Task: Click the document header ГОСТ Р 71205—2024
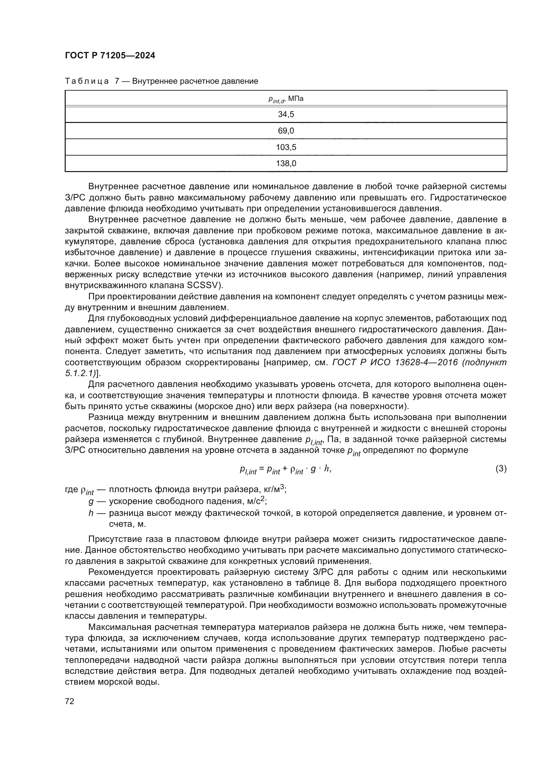(x=110, y=56)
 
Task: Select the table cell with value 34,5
(x=286, y=114)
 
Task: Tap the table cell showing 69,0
(x=286, y=131)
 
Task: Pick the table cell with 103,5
(x=286, y=147)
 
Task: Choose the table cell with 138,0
(x=286, y=163)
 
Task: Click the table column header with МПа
(x=286, y=99)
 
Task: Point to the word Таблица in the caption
(x=87, y=81)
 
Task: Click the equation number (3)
(x=501, y=469)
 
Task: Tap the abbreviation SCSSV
(x=202, y=285)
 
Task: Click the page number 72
(x=70, y=701)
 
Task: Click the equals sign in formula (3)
(x=261, y=469)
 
